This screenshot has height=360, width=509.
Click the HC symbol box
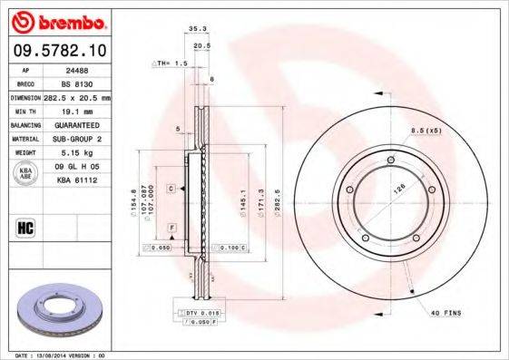pyautogui.click(x=26, y=226)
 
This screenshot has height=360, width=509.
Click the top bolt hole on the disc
pyautogui.click(x=390, y=162)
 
